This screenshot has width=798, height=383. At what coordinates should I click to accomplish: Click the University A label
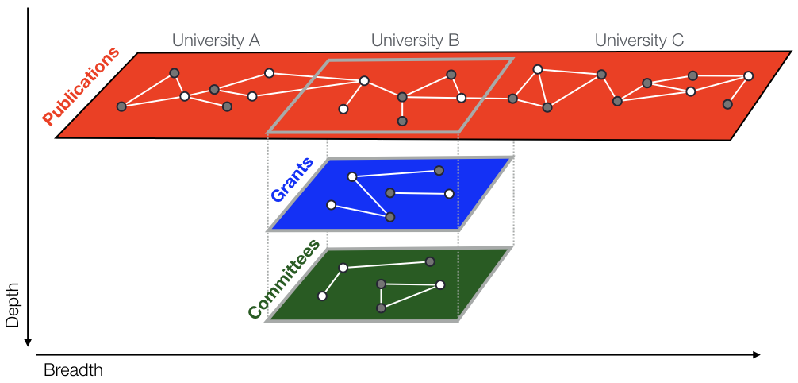click(x=217, y=40)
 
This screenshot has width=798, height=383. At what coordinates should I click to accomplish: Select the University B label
click(x=415, y=40)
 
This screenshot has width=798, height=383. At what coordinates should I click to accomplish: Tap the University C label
click(x=639, y=40)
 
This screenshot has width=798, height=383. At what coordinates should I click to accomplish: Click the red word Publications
click(x=81, y=87)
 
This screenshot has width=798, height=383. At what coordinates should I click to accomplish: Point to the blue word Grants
click(x=292, y=180)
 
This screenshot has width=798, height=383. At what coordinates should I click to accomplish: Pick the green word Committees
click(x=284, y=278)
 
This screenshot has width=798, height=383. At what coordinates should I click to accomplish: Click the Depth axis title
click(x=12, y=305)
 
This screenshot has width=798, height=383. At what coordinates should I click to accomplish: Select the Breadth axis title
click(x=73, y=370)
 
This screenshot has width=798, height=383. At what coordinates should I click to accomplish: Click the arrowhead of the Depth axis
click(x=29, y=342)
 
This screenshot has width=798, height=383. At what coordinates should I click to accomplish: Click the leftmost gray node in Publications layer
click(x=121, y=106)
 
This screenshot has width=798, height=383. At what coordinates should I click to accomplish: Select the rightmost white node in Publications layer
click(x=748, y=75)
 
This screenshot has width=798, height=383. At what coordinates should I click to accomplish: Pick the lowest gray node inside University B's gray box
click(x=402, y=121)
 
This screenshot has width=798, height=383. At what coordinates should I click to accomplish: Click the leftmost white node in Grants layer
click(x=331, y=205)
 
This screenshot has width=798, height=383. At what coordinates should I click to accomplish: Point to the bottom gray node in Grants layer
click(x=389, y=217)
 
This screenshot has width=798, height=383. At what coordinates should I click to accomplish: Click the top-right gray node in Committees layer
click(x=430, y=261)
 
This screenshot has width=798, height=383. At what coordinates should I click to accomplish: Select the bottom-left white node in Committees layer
click(x=322, y=296)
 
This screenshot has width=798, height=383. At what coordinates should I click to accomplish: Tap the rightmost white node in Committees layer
click(x=440, y=284)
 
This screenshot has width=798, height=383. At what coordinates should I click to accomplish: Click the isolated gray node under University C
click(x=727, y=104)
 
